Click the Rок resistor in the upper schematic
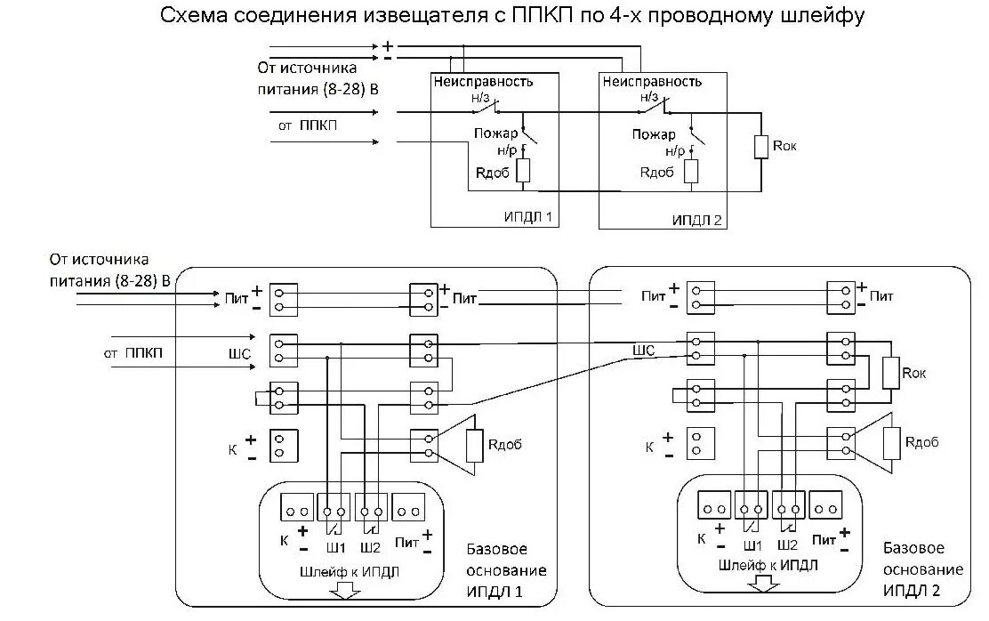point(760,147)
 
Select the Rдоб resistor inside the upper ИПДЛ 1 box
point(523,171)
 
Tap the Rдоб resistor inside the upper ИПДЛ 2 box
point(691,171)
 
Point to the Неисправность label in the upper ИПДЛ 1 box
point(483,82)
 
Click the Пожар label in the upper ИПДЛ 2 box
point(654,134)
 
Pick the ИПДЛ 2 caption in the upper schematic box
point(696,218)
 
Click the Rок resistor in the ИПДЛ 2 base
point(890,374)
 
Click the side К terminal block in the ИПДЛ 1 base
point(284,443)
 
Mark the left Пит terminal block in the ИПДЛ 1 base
point(284,298)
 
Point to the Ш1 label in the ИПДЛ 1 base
point(334,546)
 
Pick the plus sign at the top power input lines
point(387,45)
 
